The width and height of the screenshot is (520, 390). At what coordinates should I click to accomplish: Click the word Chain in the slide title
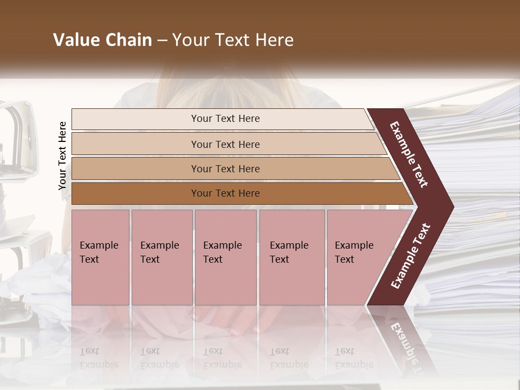[127, 40]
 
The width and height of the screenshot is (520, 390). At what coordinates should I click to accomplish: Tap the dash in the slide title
[162, 41]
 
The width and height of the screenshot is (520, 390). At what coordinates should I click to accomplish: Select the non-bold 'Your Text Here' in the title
[233, 40]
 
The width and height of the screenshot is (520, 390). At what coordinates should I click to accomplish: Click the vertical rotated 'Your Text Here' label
[62, 155]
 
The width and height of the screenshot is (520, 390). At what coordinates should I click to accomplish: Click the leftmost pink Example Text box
[100, 257]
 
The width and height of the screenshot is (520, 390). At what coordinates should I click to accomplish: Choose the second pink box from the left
[161, 257]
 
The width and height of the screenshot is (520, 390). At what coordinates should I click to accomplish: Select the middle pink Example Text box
[225, 257]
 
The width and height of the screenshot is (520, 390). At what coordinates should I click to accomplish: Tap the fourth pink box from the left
[292, 257]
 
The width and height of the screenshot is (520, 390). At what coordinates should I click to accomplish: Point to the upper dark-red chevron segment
[410, 154]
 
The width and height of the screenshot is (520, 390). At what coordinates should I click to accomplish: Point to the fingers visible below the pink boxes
[238, 325]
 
